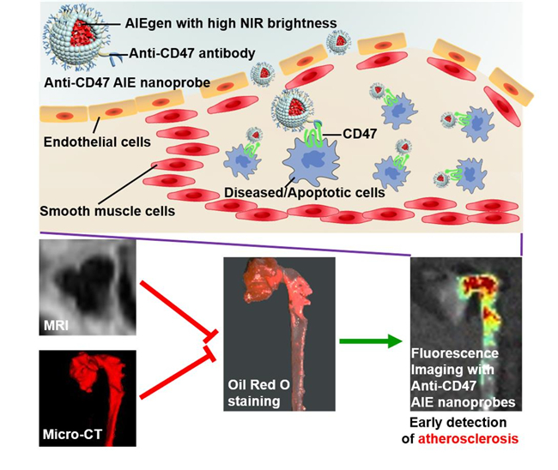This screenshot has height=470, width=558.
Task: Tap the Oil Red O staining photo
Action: click(x=265, y=334)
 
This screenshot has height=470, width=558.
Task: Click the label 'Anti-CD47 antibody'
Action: click(x=191, y=54)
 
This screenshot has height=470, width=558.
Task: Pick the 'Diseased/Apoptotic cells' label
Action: click(x=300, y=193)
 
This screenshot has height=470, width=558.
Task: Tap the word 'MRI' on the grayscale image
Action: click(x=60, y=325)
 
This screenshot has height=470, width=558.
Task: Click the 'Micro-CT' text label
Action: click(x=71, y=433)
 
